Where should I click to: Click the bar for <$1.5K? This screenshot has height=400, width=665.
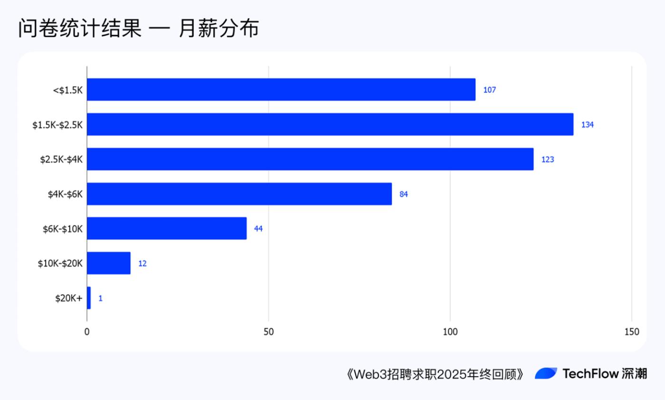(x=281, y=90)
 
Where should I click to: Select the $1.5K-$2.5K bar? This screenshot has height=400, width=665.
(x=330, y=124)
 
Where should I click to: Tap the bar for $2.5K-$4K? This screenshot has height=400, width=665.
(x=310, y=159)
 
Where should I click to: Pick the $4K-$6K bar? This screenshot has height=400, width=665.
(x=239, y=194)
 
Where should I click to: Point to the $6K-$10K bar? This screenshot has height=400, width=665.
(x=167, y=228)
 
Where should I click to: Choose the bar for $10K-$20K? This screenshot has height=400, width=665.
(x=108, y=263)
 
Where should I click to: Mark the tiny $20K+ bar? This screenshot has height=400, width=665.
(x=89, y=298)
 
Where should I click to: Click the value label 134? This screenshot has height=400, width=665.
(x=588, y=125)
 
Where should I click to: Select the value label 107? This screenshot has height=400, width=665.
(x=489, y=90)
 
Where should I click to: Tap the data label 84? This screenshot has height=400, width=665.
(x=404, y=194)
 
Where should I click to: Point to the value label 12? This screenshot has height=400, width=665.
(x=142, y=263)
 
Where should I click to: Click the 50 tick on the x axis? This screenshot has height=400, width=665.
(x=268, y=332)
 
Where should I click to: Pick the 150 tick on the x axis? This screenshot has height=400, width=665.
(x=631, y=332)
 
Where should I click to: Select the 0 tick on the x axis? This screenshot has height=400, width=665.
(x=87, y=332)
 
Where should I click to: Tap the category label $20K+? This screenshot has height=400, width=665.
(x=69, y=298)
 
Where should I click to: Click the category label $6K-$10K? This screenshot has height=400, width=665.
(x=63, y=229)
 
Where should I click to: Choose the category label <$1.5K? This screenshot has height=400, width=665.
(x=68, y=90)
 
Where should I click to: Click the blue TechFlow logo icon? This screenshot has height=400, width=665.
(x=546, y=373)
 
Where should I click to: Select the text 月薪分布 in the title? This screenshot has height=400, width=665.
(x=219, y=29)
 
